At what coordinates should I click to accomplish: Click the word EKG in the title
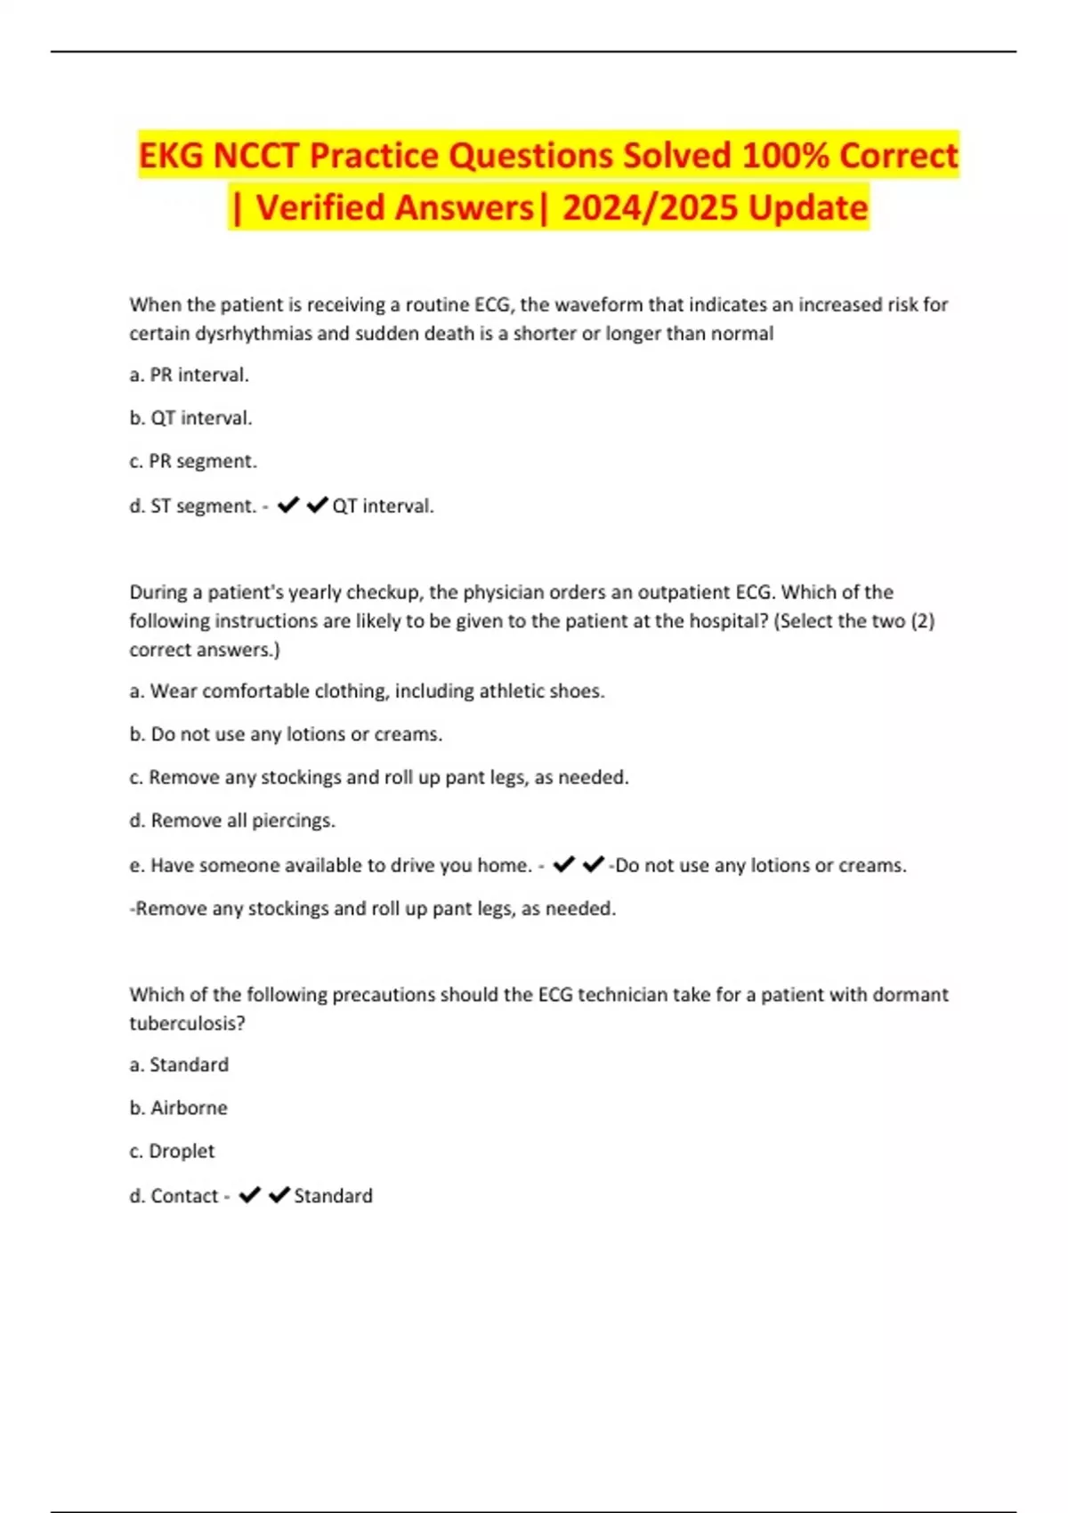click(x=172, y=156)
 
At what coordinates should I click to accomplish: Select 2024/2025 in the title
click(x=653, y=207)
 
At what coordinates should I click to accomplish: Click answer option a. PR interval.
click(x=189, y=376)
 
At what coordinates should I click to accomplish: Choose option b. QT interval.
click(x=190, y=418)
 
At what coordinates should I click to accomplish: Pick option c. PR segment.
click(x=192, y=462)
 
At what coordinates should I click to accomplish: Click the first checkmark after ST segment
click(x=288, y=506)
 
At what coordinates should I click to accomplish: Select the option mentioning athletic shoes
click(x=367, y=692)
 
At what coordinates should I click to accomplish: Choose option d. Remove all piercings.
click(x=232, y=821)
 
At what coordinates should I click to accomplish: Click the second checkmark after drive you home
click(x=593, y=864)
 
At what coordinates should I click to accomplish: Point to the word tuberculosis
click(x=187, y=1023)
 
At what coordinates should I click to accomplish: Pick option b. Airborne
click(x=178, y=1108)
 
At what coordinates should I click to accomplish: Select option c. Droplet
click(x=172, y=1152)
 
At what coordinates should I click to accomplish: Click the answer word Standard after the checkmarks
click(x=333, y=1196)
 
